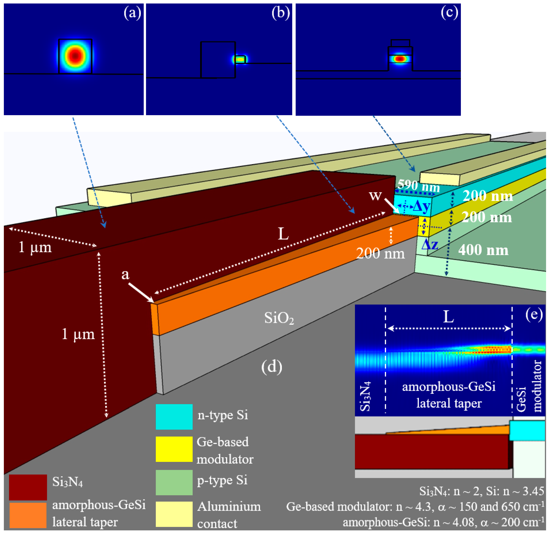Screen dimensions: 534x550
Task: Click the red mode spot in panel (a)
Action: (x=75, y=56)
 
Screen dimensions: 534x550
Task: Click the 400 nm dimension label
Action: (x=483, y=250)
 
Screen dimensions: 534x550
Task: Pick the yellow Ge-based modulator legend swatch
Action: (x=174, y=449)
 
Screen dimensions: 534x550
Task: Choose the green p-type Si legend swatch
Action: (x=174, y=482)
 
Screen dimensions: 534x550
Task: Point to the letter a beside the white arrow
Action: (x=125, y=274)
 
